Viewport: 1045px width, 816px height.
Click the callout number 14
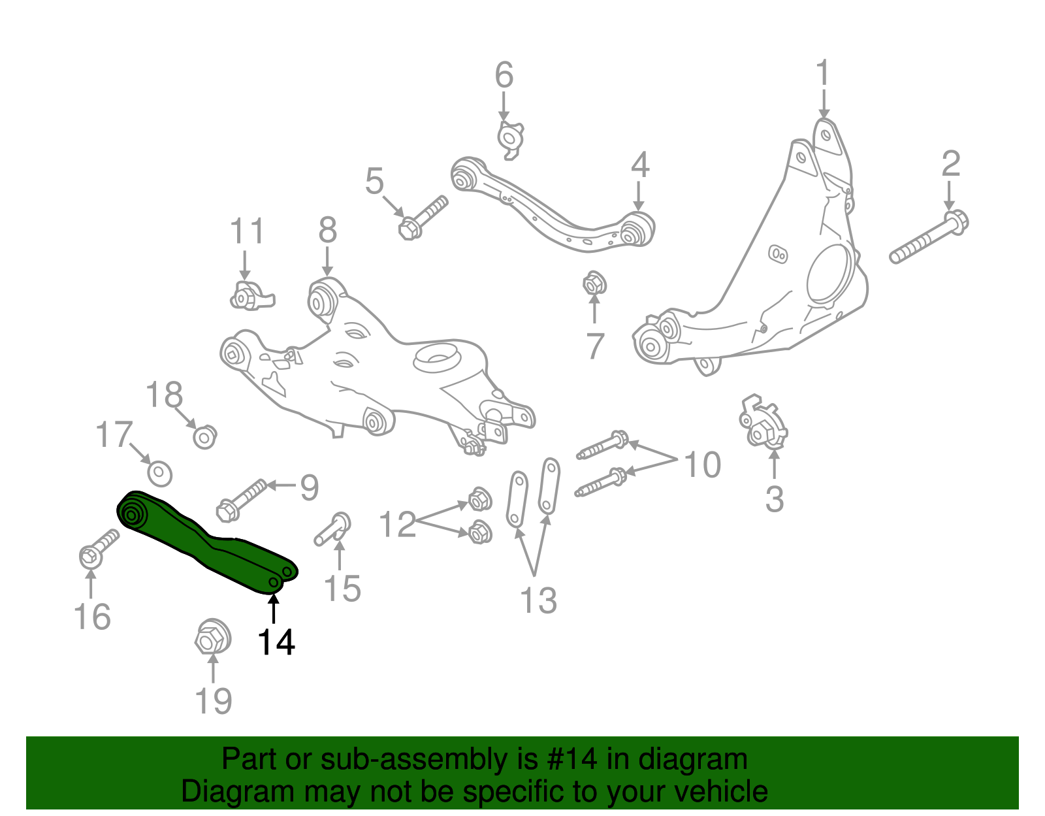[276, 643]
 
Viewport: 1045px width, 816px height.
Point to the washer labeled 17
[159, 473]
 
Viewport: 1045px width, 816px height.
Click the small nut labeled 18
[205, 436]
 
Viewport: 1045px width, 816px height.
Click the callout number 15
[342, 589]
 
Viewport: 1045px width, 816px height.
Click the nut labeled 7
[594, 284]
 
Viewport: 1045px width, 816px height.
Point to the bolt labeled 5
[421, 218]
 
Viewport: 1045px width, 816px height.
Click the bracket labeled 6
[510, 138]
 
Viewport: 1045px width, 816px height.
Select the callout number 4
[639, 165]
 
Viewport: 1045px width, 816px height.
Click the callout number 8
[327, 230]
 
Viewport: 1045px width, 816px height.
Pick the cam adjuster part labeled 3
[762, 423]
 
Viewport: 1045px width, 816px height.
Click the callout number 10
[702, 465]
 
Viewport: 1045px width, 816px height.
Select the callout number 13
[538, 600]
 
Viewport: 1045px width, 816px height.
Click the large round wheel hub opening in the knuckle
[831, 274]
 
